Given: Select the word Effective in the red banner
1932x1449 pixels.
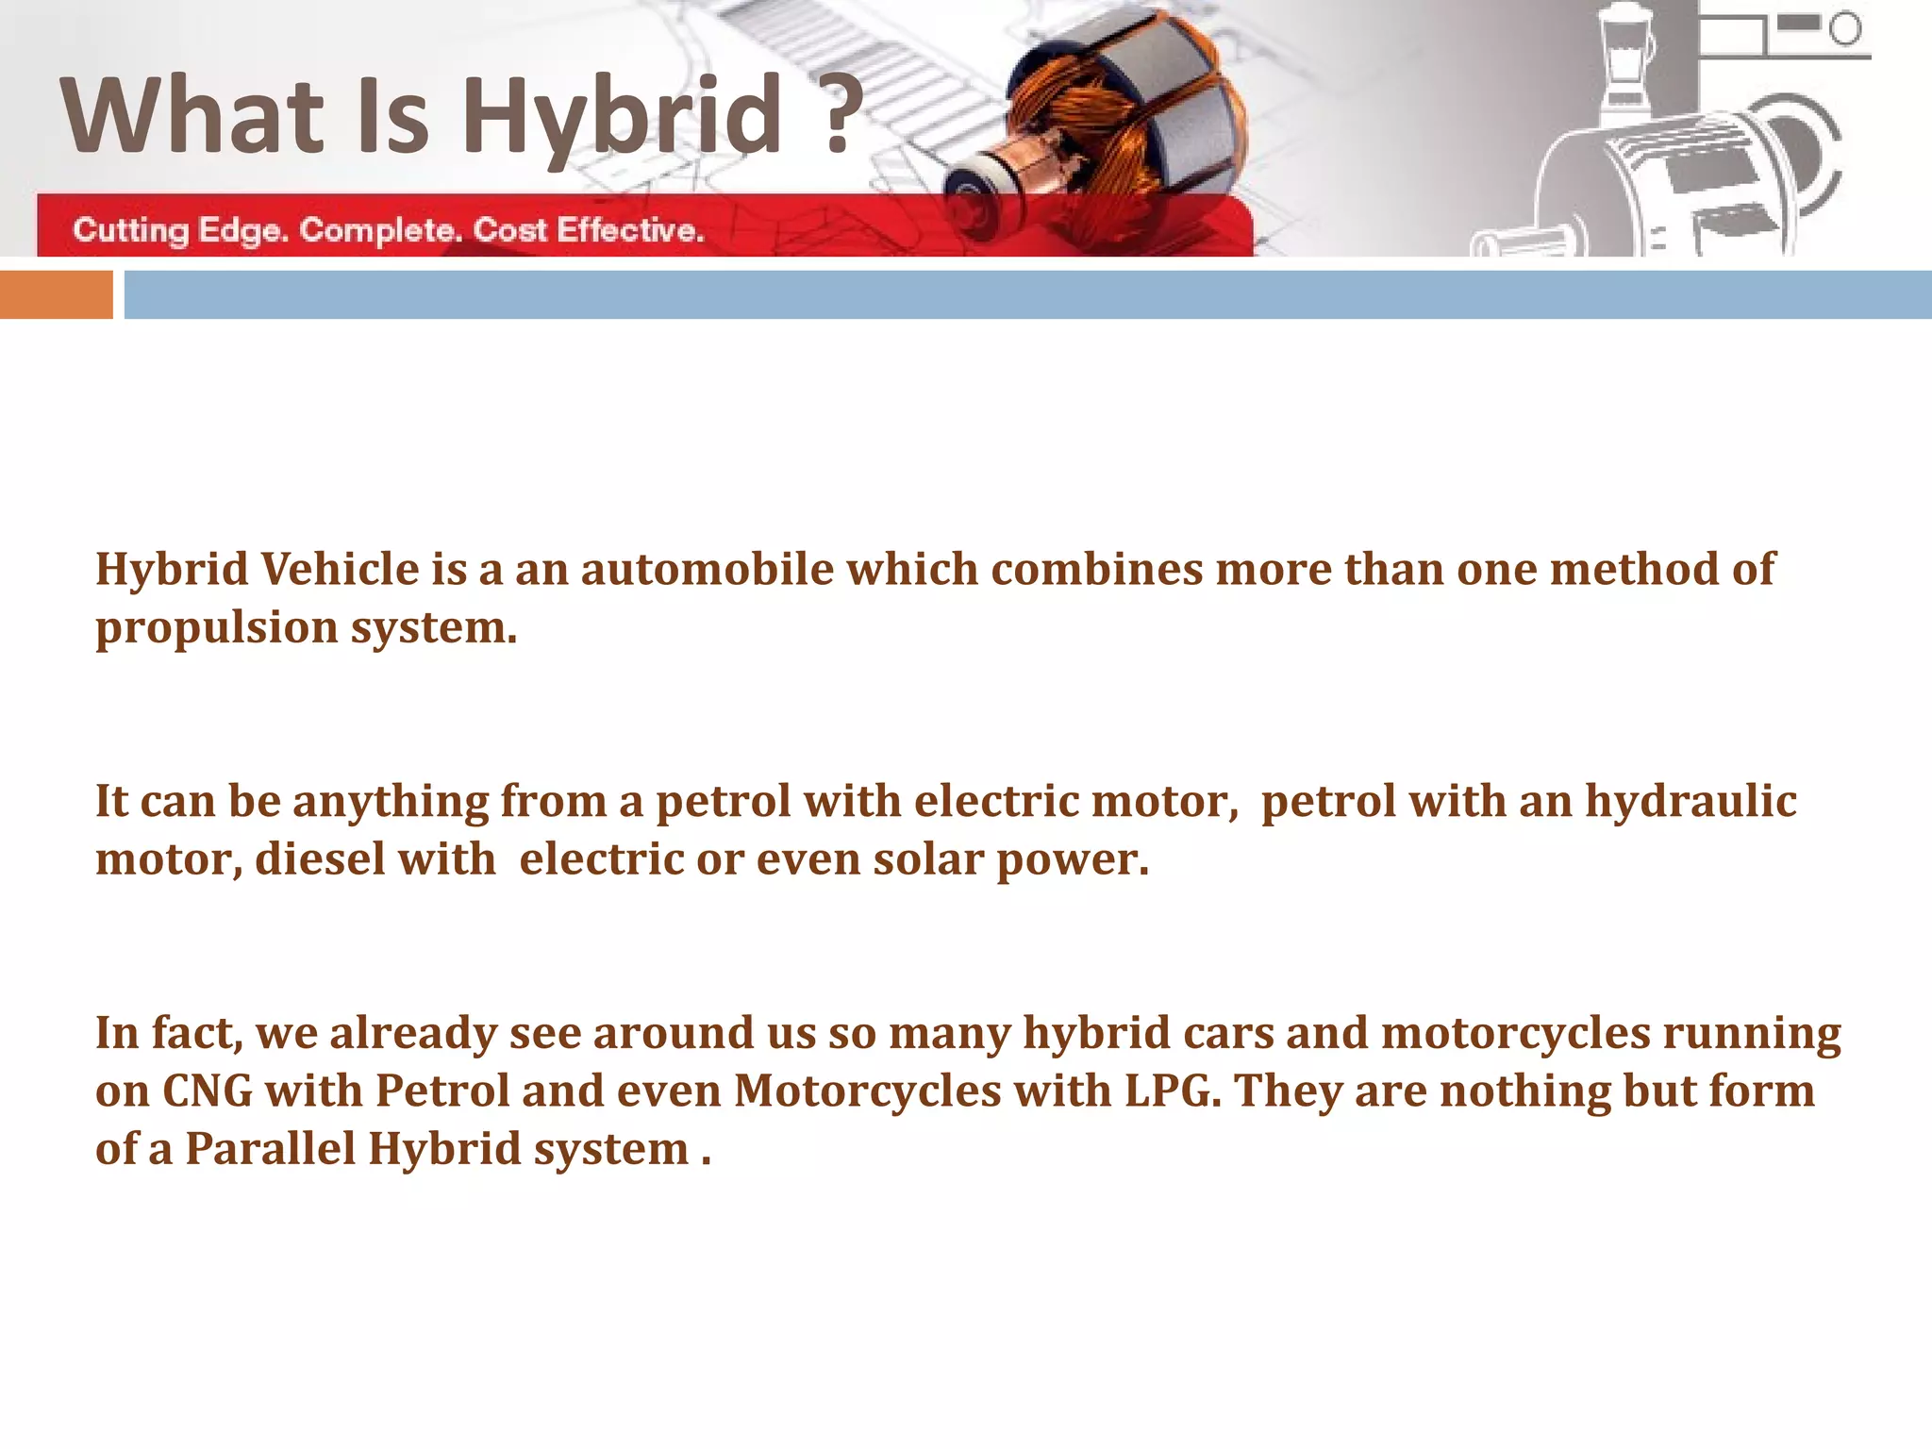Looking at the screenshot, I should (x=630, y=230).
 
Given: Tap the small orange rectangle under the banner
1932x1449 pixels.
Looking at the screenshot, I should (x=56, y=294).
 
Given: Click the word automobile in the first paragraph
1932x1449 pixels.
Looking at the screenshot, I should (x=707, y=570).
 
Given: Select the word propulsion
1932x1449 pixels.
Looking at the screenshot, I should (x=216, y=627).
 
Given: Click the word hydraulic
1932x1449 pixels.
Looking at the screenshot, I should (x=1690, y=801).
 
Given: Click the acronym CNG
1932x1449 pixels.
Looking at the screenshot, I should (x=208, y=1091).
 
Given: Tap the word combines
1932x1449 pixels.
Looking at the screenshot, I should (x=1096, y=570).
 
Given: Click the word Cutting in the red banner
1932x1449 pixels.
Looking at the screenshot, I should (x=130, y=230).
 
